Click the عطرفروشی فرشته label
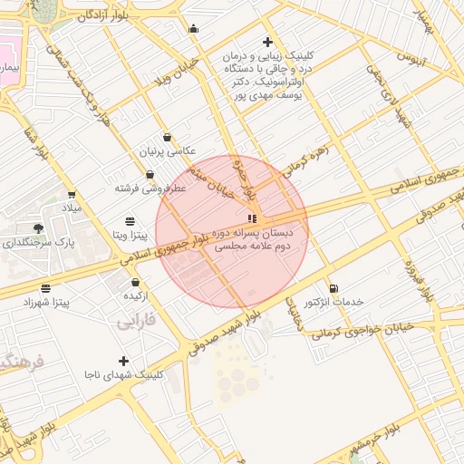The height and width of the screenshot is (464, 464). (150, 188)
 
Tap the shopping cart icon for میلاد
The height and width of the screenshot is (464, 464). (71, 194)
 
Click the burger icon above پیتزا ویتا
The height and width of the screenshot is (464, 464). (130, 221)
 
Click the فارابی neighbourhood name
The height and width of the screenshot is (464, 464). (137, 321)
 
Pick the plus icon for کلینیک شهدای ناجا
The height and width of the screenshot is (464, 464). (123, 361)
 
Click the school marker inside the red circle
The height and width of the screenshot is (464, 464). (252, 217)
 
